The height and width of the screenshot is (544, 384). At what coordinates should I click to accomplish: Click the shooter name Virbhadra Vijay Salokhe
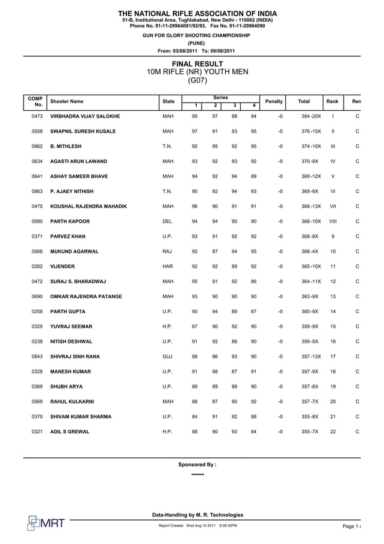coord(85,116)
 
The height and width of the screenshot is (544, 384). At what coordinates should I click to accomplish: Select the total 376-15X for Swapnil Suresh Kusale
coord(311,131)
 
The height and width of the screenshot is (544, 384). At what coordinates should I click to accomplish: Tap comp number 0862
coord(37,146)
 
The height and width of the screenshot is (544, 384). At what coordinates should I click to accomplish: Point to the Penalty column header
coord(274,102)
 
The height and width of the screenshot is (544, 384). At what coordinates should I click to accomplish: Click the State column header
coord(168,102)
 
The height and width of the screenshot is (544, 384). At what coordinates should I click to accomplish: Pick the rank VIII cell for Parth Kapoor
coord(333,221)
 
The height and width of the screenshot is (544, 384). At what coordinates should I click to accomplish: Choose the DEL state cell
coord(167,221)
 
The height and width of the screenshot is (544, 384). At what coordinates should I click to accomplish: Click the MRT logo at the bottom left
coord(46,522)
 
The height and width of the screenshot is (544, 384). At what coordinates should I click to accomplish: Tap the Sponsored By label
coord(197,464)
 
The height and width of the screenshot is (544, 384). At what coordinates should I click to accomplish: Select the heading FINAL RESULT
coord(197,64)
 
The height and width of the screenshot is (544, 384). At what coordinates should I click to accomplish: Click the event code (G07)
coord(197,80)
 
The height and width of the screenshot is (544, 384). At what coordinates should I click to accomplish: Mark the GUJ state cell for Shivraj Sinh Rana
coord(168,357)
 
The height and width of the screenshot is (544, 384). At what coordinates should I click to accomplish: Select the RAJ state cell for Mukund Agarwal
coord(168,251)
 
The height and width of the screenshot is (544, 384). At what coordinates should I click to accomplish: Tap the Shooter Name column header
coord(67,102)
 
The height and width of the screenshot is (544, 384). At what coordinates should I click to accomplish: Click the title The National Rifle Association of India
coord(197,13)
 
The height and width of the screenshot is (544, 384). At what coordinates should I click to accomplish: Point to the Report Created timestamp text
coord(197,526)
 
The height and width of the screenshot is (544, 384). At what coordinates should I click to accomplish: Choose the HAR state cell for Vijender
coord(168,266)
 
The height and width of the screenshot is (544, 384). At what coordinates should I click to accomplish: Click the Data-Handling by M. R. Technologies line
coord(197,515)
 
